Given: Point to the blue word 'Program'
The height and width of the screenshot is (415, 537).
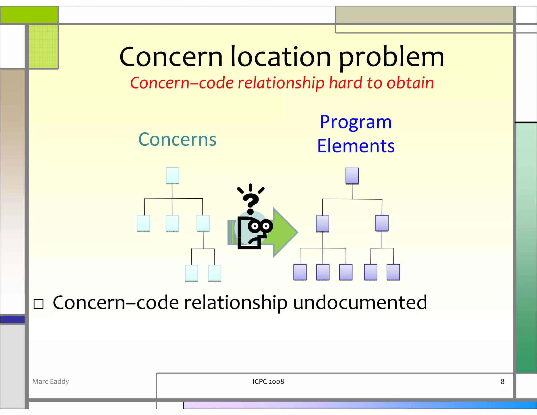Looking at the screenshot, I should [x=356, y=122].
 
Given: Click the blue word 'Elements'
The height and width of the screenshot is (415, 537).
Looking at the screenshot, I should [x=356, y=146].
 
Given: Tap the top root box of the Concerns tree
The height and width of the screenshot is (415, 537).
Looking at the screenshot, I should [x=173, y=175].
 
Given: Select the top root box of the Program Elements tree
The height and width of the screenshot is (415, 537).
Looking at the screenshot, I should [x=352, y=176].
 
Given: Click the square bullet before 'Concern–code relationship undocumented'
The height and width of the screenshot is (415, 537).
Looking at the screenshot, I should [x=39, y=304].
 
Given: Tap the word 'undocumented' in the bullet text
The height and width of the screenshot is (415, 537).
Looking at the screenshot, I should [x=360, y=302].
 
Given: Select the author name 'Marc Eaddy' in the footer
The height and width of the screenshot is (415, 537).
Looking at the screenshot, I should [x=51, y=381].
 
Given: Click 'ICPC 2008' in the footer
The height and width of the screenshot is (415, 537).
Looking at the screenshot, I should [x=268, y=381].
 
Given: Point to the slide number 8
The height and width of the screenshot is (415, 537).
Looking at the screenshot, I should [x=502, y=381].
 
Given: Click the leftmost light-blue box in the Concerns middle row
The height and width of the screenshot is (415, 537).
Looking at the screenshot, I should [x=143, y=223].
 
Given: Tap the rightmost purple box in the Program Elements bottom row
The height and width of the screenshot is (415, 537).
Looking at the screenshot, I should [x=393, y=272].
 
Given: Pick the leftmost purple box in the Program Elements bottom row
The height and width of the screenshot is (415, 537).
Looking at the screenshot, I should [x=300, y=272].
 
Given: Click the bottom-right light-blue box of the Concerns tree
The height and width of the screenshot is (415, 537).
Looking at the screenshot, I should [x=214, y=273].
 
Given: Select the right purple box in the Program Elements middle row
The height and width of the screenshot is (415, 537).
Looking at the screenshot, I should [x=382, y=223].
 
